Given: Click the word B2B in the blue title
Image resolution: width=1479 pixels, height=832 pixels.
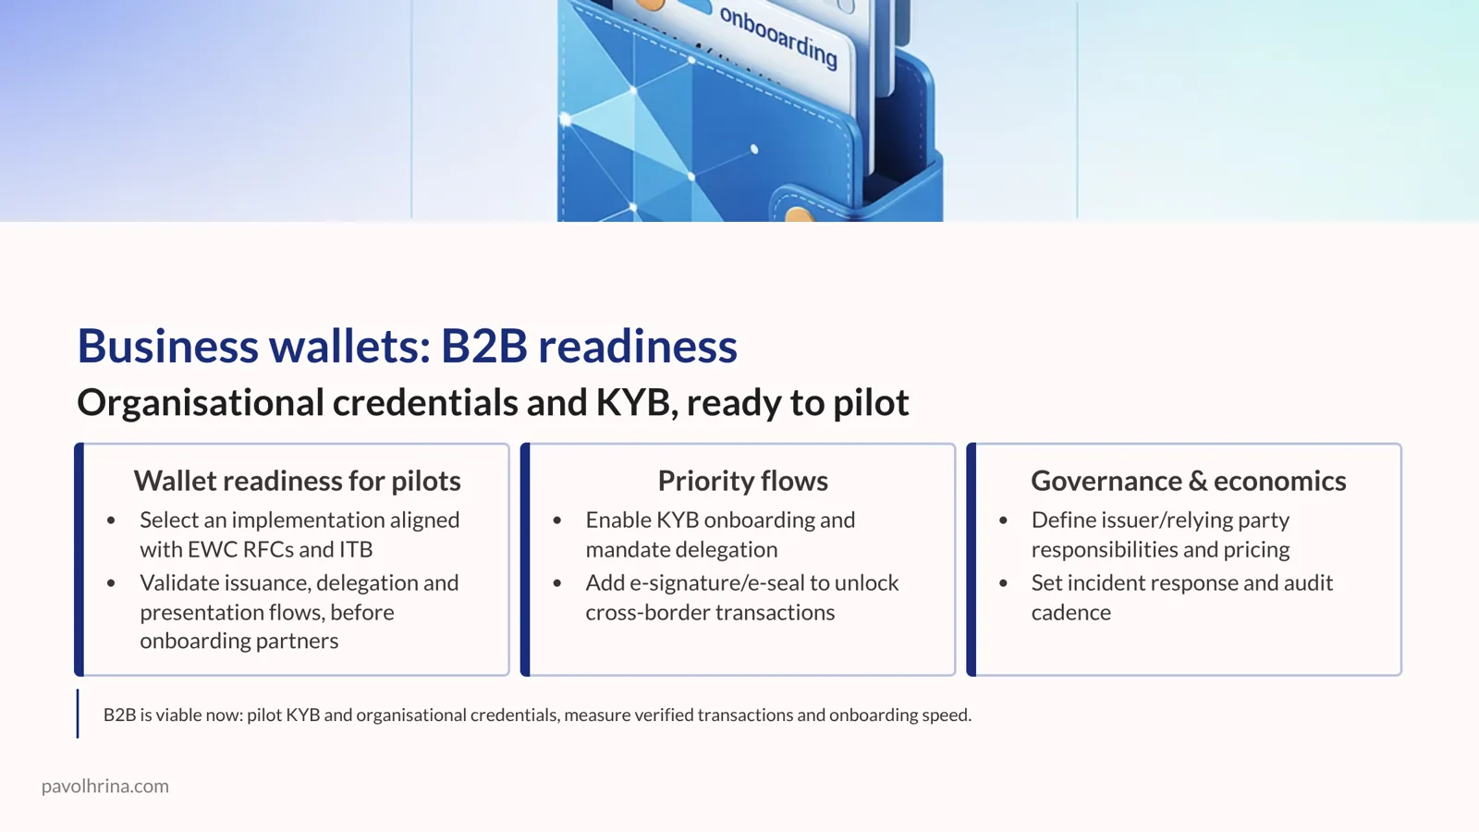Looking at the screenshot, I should click(483, 346).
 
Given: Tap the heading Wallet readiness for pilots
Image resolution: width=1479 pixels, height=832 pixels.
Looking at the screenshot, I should click(297, 481).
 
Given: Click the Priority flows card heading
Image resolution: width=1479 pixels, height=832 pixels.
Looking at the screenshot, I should click(742, 481).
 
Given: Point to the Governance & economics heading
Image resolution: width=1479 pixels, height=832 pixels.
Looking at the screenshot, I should click(1188, 481).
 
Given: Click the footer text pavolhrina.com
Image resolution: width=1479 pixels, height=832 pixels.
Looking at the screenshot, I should click(104, 786).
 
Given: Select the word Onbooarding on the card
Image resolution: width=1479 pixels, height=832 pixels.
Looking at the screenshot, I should click(778, 38).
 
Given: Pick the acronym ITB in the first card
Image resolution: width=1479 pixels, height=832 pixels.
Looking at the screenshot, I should click(356, 549).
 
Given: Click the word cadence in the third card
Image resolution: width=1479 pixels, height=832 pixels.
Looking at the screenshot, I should click(1070, 612).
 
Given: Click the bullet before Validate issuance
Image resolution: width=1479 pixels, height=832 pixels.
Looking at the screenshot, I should click(111, 583).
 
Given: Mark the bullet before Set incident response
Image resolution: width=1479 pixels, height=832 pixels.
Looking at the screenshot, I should click(1003, 583).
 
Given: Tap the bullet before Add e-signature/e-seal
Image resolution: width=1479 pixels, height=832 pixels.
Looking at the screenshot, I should click(557, 583).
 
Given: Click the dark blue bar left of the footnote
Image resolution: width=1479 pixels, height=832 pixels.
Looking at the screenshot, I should click(78, 714).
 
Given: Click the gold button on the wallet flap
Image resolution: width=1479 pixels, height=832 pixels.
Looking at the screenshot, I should click(798, 216).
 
